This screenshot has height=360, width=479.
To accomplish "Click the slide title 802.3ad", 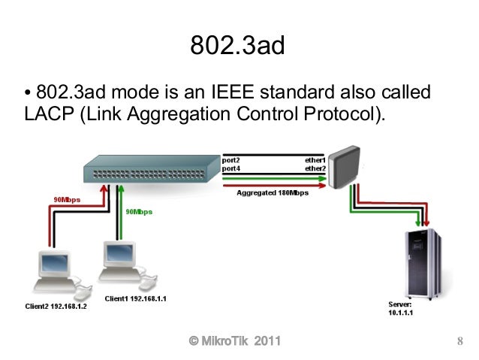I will pos(238,47).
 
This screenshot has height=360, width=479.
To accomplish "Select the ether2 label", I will pos(315,168).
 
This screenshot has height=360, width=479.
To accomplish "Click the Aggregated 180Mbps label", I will pos(273,193).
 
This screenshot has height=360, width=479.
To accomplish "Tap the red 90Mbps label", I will pos(66,200).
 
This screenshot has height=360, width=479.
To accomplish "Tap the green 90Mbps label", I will pos(138,212).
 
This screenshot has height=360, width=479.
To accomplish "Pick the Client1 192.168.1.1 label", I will pos(135,298).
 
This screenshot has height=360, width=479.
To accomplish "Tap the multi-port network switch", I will pos(150,170).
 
